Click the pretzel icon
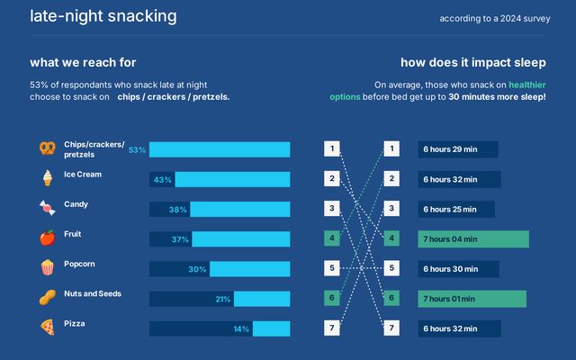47,148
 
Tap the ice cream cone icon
47,178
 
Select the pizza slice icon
47,327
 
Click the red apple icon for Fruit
47,238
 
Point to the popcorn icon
47,267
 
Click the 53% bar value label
137,150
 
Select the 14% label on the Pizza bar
241,329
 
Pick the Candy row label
76,204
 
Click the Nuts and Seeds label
93,293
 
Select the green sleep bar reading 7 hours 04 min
473,238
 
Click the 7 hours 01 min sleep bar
472,299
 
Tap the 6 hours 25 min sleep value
456,209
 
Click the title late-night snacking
103,16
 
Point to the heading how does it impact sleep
472,63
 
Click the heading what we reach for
83,63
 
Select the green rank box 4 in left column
332,238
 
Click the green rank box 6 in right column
391,298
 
